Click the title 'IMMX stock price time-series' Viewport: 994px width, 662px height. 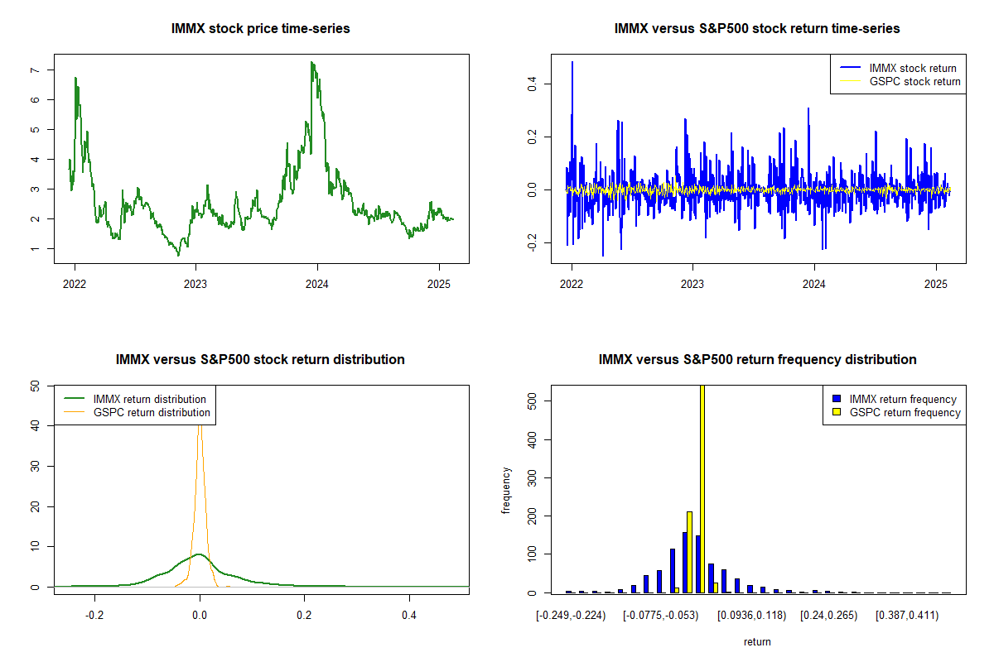point(260,29)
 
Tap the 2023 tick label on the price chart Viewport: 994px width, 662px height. point(195,284)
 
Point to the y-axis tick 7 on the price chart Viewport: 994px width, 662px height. point(35,70)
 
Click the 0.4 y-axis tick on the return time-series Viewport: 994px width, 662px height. point(532,84)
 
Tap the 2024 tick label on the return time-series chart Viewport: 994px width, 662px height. point(813,284)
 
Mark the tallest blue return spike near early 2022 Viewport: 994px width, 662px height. point(572,63)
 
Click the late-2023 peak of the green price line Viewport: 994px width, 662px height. point(312,63)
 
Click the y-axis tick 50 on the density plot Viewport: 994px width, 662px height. point(35,386)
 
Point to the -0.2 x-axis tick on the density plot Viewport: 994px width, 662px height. point(94,616)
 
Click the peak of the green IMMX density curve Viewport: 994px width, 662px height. point(200,554)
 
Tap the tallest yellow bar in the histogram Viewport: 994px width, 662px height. point(702,489)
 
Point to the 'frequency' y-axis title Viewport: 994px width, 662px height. point(506,491)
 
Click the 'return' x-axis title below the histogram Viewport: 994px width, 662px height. point(757,642)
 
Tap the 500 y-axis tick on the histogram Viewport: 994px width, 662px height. point(532,401)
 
